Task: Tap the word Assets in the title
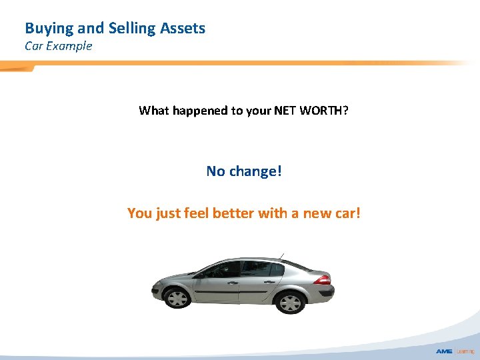coord(181,29)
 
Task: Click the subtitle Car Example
coord(59,46)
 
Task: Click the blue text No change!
coord(244,171)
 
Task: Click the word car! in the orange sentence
coord(347,213)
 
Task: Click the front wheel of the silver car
coord(177,297)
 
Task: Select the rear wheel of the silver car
coord(291,303)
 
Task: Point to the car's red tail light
coord(322,279)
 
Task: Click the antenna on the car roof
coord(281,257)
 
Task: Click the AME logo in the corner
coord(445,351)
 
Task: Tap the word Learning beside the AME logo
coord(465,351)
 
